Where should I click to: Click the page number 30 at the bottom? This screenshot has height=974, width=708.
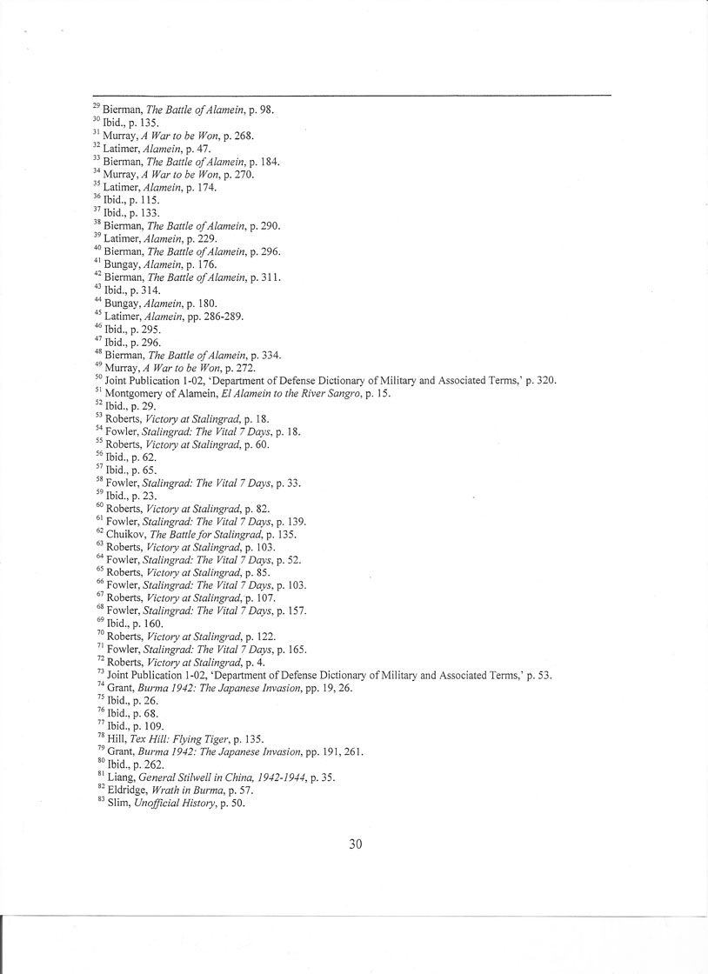(x=355, y=844)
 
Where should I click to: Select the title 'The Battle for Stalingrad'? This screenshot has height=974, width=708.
(x=206, y=534)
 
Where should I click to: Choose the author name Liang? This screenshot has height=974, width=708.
(x=120, y=777)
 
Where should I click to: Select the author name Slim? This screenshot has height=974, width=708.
(x=116, y=804)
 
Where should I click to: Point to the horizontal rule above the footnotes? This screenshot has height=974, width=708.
(x=352, y=95)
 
